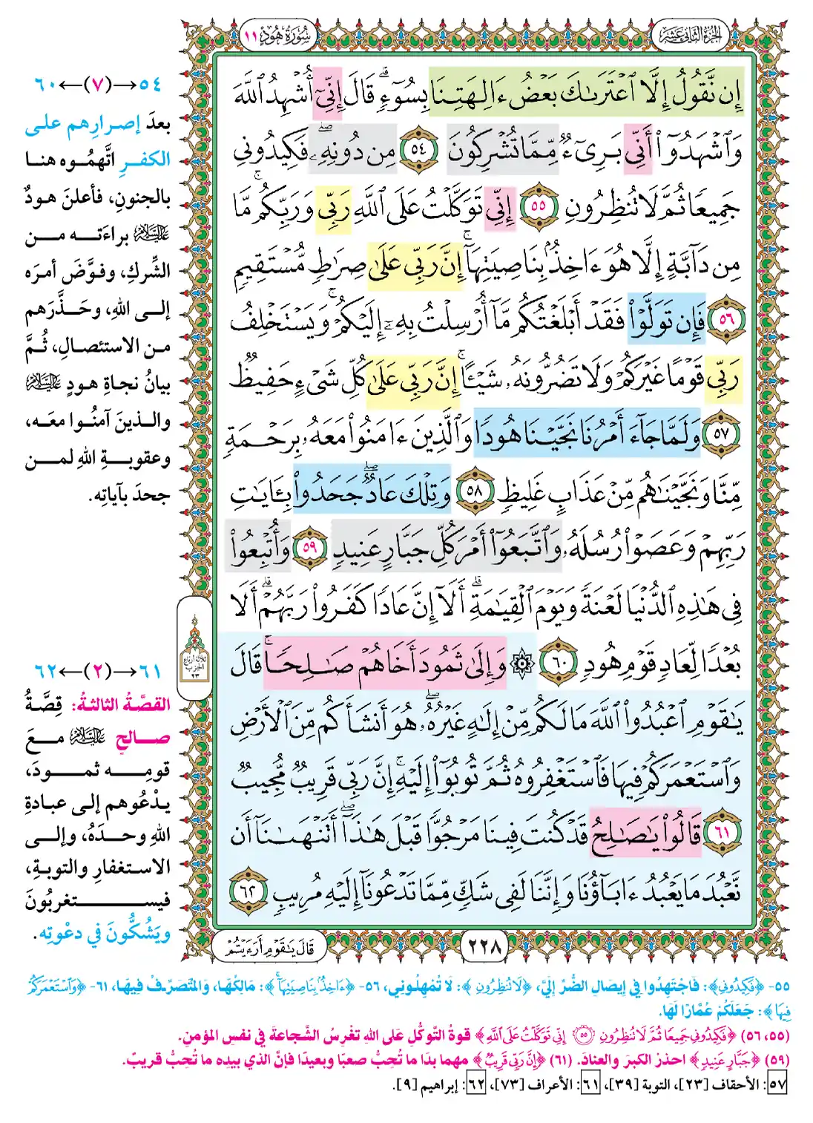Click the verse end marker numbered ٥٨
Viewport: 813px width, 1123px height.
[x=473, y=492]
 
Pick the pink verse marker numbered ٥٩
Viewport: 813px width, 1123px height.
[x=310, y=549]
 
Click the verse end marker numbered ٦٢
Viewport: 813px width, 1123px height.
[x=248, y=889]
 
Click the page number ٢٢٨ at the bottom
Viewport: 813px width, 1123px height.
[x=485, y=946]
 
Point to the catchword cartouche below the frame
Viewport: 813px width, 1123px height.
[x=270, y=946]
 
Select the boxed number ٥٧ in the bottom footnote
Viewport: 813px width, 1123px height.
[x=776, y=1084]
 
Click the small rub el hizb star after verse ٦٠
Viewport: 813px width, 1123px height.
[x=524, y=663]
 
